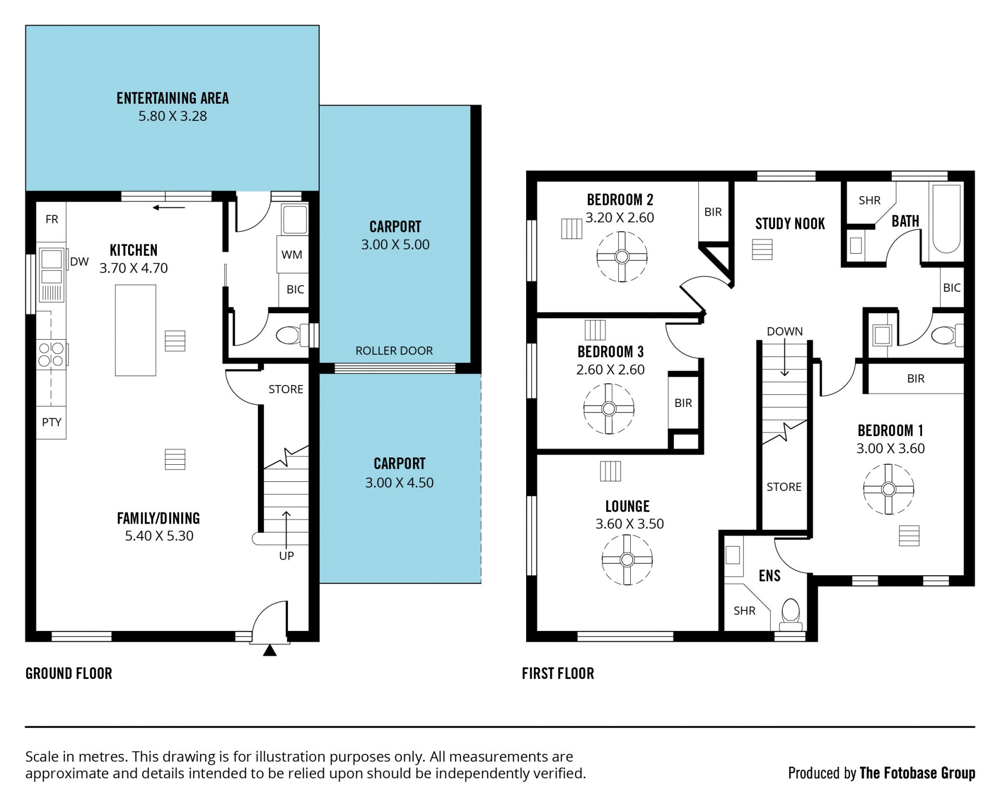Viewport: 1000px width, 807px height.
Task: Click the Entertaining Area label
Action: click(172, 98)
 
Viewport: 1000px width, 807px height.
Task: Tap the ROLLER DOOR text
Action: click(394, 351)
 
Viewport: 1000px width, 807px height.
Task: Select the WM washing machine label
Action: click(292, 255)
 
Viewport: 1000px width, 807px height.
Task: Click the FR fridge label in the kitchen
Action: click(52, 219)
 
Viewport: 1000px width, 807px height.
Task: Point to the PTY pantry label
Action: click(52, 422)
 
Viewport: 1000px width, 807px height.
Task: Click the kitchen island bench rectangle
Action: click(135, 330)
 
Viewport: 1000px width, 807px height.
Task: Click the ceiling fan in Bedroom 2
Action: click(622, 257)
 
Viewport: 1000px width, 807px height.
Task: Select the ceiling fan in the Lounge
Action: click(627, 560)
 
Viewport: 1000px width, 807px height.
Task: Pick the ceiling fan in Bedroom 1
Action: click(889, 489)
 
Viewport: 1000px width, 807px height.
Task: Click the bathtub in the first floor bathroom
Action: click(946, 219)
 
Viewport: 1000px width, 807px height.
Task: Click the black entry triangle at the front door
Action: click(270, 651)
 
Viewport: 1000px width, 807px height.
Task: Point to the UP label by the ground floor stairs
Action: click(286, 556)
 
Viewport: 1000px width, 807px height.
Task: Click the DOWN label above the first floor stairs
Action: click(784, 331)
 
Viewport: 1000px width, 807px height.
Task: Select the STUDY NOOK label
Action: click(790, 224)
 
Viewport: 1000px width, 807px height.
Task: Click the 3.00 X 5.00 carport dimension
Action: click(395, 244)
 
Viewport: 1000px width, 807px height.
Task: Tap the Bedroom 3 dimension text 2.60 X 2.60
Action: click(610, 369)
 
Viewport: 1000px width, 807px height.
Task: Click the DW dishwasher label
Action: click(79, 262)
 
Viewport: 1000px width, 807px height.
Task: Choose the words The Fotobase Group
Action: click(917, 773)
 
